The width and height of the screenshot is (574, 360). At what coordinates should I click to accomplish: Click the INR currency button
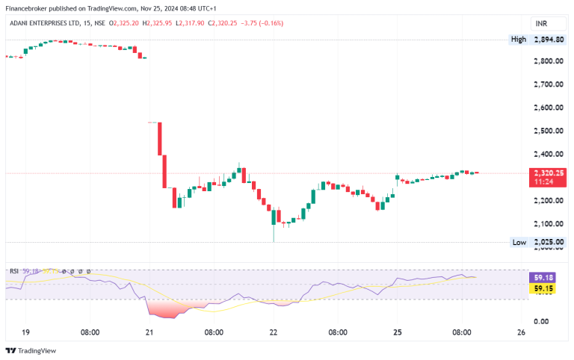point(539,24)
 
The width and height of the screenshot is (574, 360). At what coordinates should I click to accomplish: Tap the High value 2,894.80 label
point(548,40)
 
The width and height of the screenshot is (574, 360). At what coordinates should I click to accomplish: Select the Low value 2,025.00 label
point(548,242)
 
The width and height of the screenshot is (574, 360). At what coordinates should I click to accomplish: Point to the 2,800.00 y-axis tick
point(548,61)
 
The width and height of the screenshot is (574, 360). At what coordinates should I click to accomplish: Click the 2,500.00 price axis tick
point(548,131)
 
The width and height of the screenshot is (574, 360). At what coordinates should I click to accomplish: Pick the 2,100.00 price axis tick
point(548,223)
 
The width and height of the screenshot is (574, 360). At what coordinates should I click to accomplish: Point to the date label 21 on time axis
point(149,332)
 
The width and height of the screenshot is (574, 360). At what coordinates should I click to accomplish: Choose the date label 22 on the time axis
point(273,332)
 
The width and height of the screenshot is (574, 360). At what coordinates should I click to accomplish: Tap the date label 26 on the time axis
point(520,332)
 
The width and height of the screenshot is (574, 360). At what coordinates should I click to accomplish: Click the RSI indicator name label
point(13,270)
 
